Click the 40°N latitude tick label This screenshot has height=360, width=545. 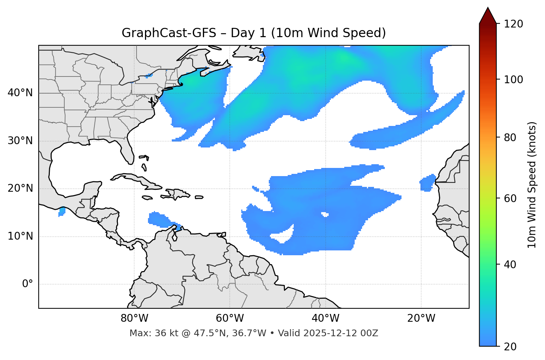pos(20,93)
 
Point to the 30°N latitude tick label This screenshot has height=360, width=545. pos(20,141)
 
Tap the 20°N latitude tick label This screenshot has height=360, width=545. pos(20,189)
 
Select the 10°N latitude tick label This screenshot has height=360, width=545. pos(20,236)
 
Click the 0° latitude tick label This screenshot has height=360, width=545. pos(28,284)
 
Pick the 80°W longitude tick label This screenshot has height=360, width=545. pos(134,318)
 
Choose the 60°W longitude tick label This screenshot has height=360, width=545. pos(230,318)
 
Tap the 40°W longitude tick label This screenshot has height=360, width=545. pos(325,318)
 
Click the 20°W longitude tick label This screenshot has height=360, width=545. pos(421,318)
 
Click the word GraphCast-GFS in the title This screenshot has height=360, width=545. pos(169,33)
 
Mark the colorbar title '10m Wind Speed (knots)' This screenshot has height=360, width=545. pos(532,185)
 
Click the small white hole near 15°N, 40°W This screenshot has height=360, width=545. pos(325,214)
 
